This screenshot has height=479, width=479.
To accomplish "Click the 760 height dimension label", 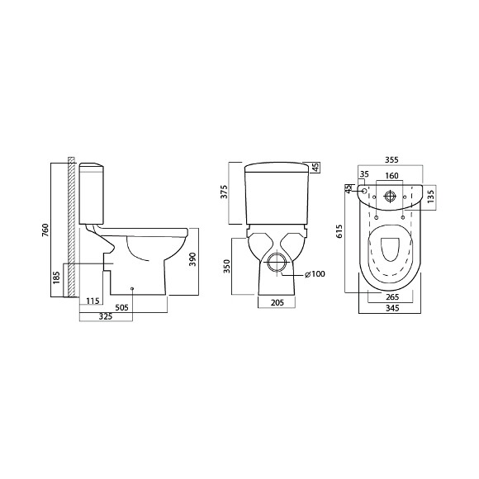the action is [x=45, y=230].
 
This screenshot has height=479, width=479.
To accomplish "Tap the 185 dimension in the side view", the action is [x=56, y=277].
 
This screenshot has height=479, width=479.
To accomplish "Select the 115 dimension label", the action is [x=92, y=301].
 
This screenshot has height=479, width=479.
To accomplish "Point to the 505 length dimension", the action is [x=122, y=307].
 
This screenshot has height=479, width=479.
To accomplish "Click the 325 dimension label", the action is [x=106, y=316].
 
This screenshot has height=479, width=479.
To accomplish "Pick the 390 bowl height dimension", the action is [x=192, y=259].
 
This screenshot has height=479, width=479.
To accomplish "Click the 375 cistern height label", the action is [x=225, y=192].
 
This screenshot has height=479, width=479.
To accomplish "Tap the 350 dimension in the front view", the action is [x=225, y=266].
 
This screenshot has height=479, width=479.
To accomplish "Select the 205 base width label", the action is [x=277, y=302].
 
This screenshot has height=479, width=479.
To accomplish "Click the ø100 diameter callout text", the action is [x=315, y=274].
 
